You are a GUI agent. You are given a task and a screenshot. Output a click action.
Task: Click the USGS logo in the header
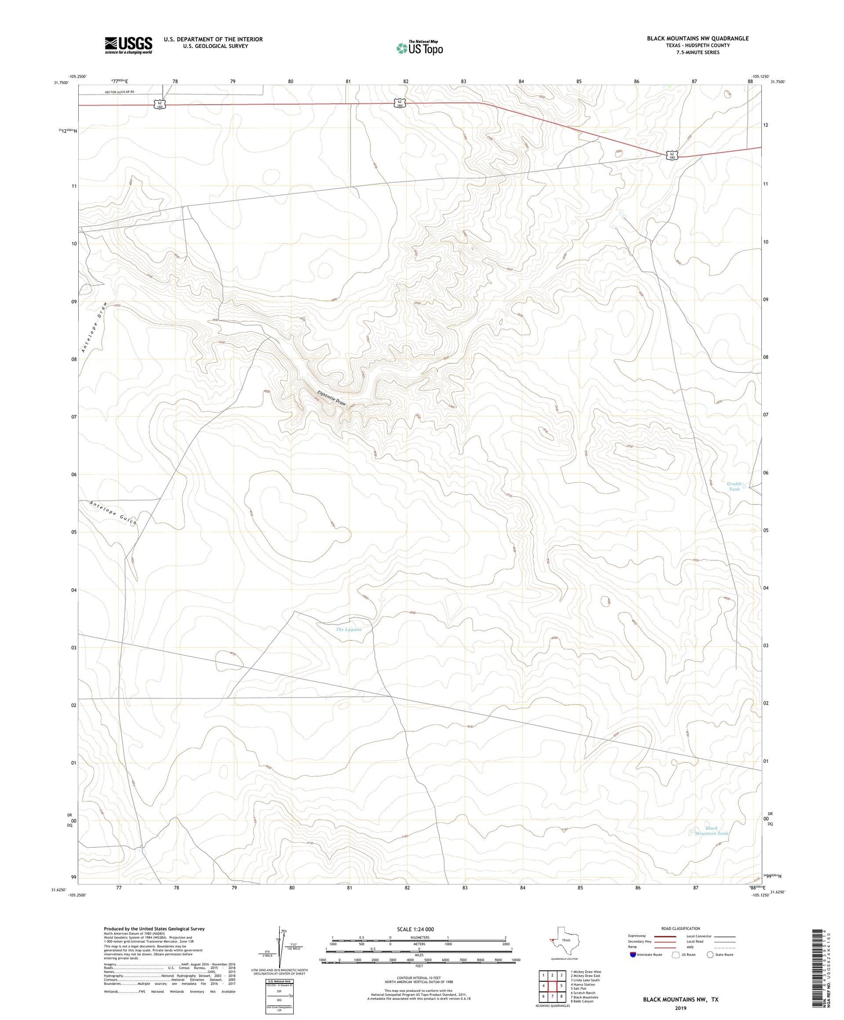128,45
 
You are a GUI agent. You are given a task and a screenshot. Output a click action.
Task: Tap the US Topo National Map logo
419,48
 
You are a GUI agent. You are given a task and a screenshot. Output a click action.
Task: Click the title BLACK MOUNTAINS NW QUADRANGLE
697,38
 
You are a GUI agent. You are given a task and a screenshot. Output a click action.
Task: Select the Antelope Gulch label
113,513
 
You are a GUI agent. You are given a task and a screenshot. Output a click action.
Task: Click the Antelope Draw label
93,327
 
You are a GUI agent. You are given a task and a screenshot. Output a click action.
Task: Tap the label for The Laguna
348,630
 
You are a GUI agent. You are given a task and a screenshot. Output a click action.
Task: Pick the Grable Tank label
735,487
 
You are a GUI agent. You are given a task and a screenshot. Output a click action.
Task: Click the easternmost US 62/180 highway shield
672,155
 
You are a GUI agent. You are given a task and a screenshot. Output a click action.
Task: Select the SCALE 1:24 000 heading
415,929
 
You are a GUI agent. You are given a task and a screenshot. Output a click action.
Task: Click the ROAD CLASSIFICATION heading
680,928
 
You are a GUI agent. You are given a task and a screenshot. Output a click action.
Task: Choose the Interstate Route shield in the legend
633,954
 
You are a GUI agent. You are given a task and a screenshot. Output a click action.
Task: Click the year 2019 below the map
680,1008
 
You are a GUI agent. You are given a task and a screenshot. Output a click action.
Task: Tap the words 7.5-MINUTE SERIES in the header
698,52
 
